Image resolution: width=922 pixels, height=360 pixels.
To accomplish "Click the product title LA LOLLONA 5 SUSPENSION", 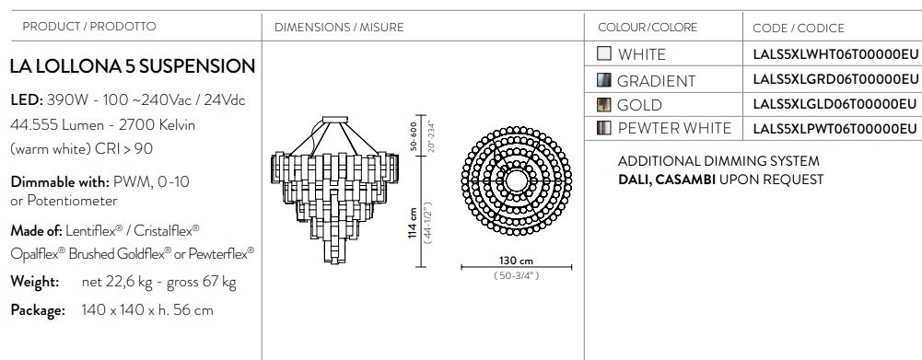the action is point(133,66).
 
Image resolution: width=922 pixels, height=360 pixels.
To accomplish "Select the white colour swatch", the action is point(604,53).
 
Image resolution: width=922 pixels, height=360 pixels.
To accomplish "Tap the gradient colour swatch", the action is point(604,80).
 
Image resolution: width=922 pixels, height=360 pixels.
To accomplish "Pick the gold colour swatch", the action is point(604,105).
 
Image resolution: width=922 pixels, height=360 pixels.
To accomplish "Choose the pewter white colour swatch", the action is point(604,128).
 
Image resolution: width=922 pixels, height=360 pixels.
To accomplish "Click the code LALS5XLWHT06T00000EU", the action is point(835,54).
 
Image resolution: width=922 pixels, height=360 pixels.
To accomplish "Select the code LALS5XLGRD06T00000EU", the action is point(835,79).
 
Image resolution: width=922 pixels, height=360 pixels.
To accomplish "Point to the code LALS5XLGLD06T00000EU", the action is point(834,104).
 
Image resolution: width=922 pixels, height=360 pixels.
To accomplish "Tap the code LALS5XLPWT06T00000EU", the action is point(835,128).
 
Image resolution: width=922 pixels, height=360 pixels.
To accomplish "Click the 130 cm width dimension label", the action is point(517,261).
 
